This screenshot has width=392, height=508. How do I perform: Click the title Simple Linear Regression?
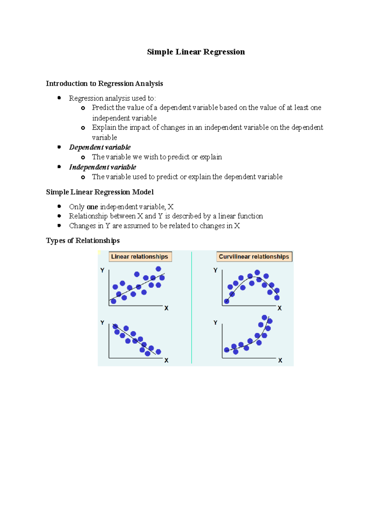(x=196, y=52)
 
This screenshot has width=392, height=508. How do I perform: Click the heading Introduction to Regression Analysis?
(x=104, y=84)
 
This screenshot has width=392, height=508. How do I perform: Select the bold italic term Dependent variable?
(x=100, y=147)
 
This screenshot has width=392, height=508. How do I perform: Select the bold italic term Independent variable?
(x=103, y=167)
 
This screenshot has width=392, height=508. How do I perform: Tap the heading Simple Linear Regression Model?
(x=100, y=192)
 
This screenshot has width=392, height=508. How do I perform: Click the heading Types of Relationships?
(x=83, y=241)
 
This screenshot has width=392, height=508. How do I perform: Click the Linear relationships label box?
(x=140, y=257)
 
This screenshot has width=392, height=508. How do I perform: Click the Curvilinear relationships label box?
(x=254, y=257)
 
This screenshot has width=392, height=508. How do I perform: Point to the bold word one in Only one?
(x=92, y=207)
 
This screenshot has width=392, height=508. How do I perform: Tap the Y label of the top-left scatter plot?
(x=102, y=270)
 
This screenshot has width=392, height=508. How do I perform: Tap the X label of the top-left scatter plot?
(x=166, y=308)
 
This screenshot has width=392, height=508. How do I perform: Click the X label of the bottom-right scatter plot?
(x=280, y=360)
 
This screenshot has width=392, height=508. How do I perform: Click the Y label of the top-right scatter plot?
(x=215, y=270)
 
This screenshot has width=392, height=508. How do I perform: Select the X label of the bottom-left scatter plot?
(x=166, y=360)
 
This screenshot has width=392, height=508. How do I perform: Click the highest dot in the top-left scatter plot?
(x=158, y=269)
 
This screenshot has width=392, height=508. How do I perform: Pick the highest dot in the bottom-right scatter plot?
(x=265, y=317)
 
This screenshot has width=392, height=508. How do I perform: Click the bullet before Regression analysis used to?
(x=59, y=98)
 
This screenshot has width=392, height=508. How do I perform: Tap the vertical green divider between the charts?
(x=192, y=307)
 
